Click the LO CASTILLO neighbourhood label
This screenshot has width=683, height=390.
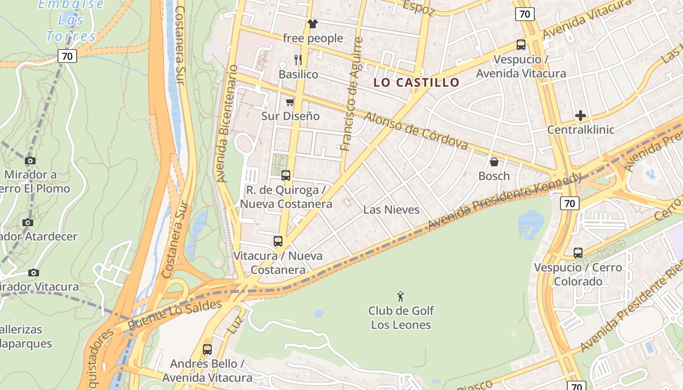click(416, 82)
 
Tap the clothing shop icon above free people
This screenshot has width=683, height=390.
click(313, 24)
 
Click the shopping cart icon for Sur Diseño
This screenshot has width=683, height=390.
click(290, 102)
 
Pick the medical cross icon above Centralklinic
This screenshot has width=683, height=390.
click(580, 116)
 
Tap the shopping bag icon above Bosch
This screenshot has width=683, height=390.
click(494, 162)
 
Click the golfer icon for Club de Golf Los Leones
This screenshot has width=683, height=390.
click(401, 296)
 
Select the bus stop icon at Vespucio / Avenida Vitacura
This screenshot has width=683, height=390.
click(521, 45)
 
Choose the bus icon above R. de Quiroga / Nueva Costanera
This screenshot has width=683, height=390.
click(286, 175)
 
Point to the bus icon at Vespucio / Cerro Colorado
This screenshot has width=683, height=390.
click(578, 253)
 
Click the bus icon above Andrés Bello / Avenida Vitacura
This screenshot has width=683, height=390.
click(207, 350)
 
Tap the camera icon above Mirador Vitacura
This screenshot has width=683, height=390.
click(33, 273)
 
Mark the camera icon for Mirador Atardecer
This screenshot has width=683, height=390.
click(28, 223)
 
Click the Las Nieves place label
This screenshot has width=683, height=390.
click(391, 210)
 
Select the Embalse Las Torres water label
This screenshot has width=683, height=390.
click(71, 20)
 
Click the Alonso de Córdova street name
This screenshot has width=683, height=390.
click(416, 131)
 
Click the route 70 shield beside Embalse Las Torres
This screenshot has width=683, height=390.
click(67, 56)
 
